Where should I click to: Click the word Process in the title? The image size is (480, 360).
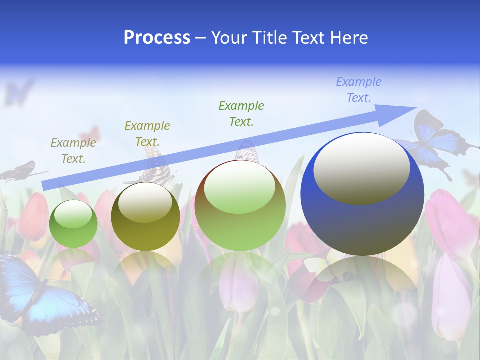point(157,38)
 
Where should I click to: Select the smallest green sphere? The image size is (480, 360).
point(73,224)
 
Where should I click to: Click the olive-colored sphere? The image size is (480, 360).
point(145,217)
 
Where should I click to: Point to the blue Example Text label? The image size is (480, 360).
point(359,90)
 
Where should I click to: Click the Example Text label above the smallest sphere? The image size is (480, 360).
point(73,151)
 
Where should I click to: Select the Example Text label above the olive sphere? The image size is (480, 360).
point(147,133)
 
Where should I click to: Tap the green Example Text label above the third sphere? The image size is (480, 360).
point(241,113)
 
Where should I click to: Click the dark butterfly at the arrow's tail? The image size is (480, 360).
point(20,171)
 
